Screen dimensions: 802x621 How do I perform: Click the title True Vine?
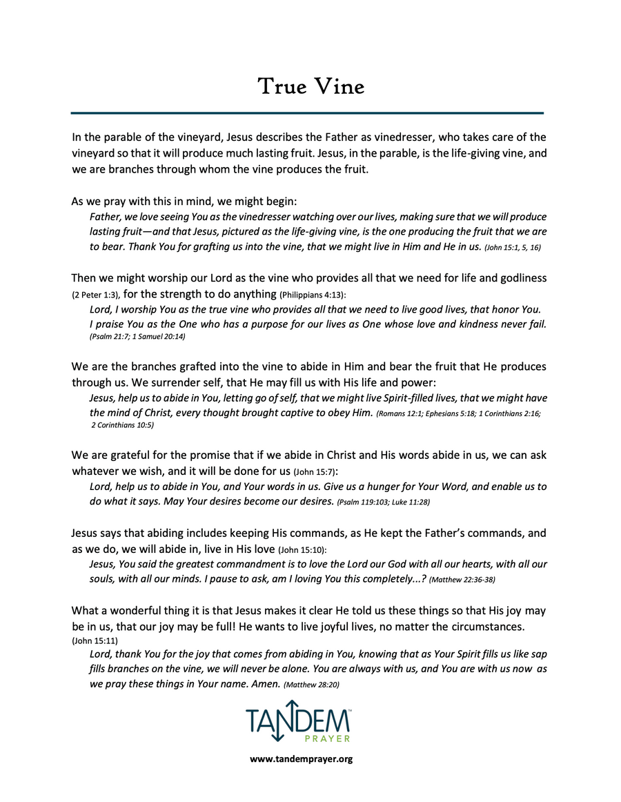coord(310,87)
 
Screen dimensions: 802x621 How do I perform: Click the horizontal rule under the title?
coord(308,113)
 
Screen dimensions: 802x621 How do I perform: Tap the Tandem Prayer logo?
coord(298,721)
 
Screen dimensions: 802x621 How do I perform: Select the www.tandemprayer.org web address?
coord(302,759)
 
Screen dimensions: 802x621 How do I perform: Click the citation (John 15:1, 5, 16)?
coord(513,247)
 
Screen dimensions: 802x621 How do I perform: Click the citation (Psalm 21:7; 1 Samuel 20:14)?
coord(137,337)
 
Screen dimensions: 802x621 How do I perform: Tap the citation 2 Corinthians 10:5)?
coord(122,425)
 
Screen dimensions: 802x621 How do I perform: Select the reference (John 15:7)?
coord(315,472)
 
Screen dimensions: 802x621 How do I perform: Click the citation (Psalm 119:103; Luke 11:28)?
coord(383,502)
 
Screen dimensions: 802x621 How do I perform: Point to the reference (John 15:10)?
coord(302,550)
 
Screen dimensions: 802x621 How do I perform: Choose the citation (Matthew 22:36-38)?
coord(462,580)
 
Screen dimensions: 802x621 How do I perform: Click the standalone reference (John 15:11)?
coord(95,641)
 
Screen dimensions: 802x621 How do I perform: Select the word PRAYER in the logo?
coord(328,739)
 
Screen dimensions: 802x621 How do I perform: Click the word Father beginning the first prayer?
coord(106,216)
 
